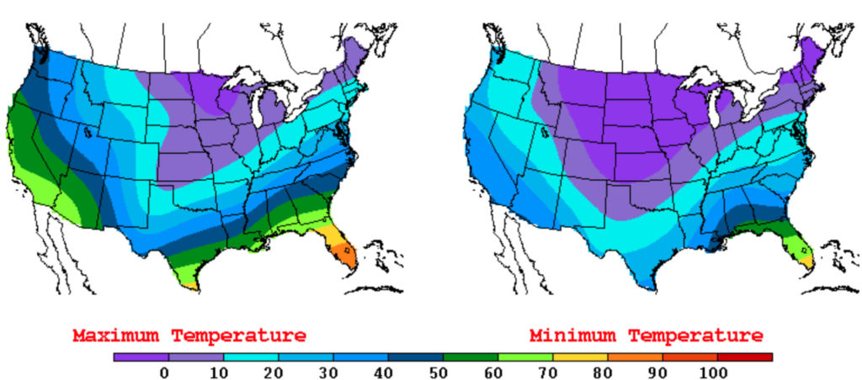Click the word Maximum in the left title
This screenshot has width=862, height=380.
pyautogui.click(x=118, y=335)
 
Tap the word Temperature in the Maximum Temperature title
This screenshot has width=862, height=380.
pyautogui.click(x=239, y=335)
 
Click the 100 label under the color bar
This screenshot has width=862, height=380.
pyautogui.click(x=718, y=371)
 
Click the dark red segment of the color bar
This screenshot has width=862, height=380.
pyautogui.click(x=745, y=357)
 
